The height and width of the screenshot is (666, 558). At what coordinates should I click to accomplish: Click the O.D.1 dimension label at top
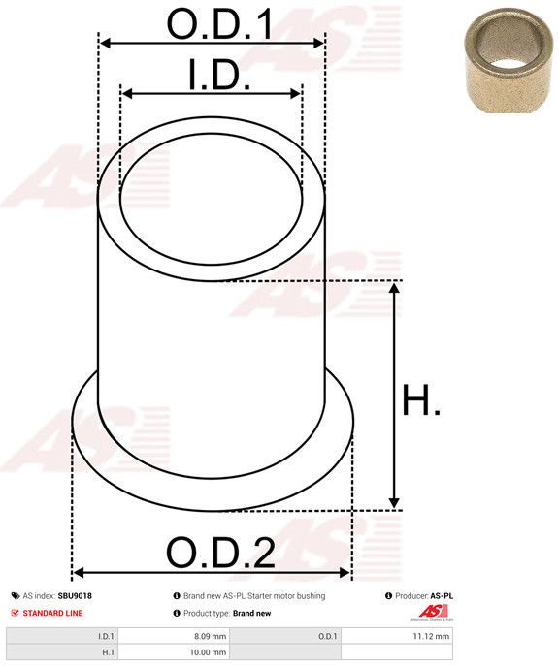220,24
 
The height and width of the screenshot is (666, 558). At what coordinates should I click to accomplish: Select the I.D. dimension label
219,75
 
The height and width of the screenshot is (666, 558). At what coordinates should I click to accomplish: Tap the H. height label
421,399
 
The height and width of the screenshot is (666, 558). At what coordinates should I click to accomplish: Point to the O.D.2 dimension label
220,553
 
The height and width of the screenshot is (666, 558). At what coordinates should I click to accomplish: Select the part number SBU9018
75,596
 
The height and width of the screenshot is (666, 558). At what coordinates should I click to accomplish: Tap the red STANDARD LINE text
52,613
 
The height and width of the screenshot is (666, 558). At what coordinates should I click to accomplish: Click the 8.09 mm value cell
173,636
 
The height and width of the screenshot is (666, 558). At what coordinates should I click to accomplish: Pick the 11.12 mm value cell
397,636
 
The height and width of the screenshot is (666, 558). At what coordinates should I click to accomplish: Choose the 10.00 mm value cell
173,652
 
